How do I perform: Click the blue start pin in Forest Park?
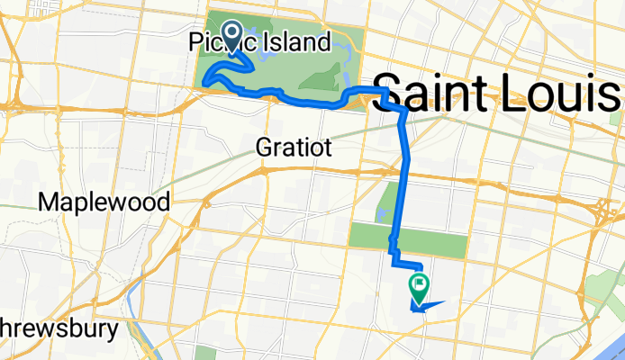pyautogui.click(x=231, y=37)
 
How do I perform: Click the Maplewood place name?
pyautogui.click(x=104, y=202)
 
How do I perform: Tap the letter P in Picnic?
pyautogui.click(x=196, y=41)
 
